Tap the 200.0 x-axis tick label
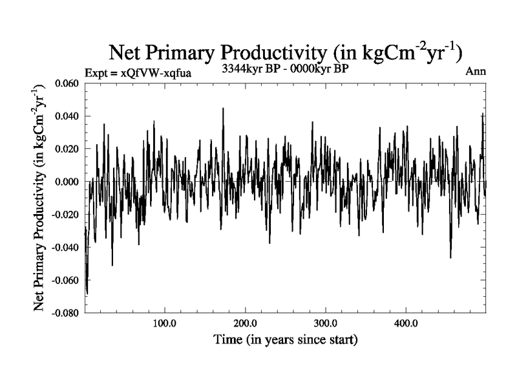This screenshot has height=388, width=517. pos(245,323)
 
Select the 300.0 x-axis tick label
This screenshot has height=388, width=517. pos(325,323)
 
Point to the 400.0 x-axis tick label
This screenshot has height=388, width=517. pos(405,323)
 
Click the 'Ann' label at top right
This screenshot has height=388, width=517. pos(476,71)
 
